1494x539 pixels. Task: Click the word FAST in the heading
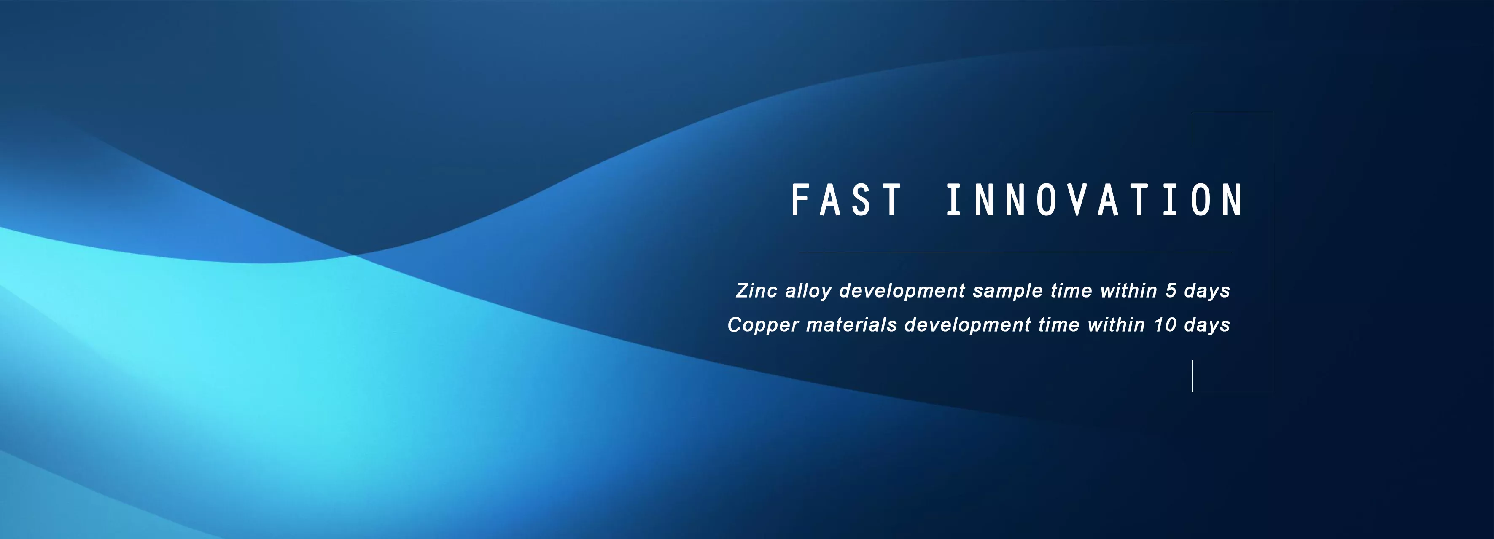point(846,200)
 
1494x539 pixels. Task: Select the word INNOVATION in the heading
point(1094,200)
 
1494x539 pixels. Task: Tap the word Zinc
point(756,290)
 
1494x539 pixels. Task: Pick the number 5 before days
point(1171,290)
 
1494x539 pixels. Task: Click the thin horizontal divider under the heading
point(1015,252)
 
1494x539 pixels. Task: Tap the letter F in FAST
point(800,200)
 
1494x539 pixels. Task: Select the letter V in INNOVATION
point(1077,200)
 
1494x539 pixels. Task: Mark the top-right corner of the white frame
point(1273,112)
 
